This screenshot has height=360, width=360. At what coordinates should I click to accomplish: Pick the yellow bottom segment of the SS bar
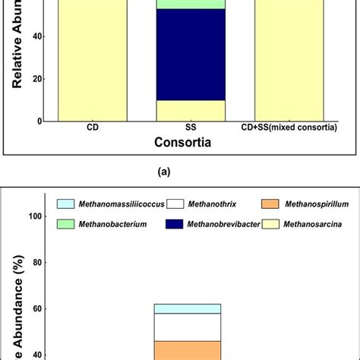point(190,110)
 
